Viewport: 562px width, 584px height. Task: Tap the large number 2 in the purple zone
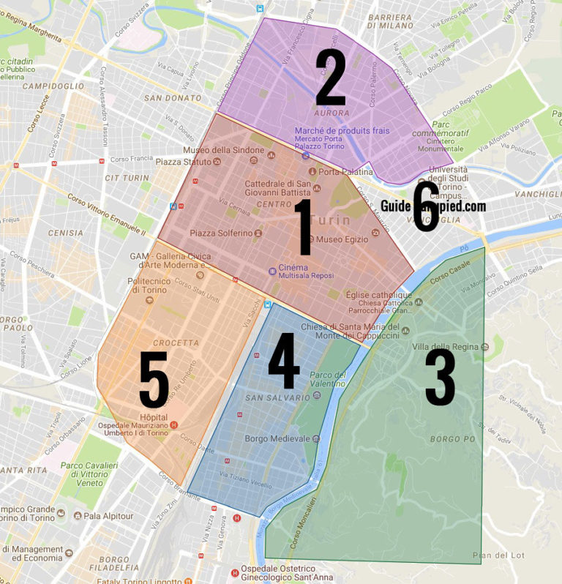pyautogui.click(x=330, y=78)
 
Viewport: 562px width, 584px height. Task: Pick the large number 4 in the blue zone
pyautogui.click(x=284, y=362)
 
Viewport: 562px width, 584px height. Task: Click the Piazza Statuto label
pyautogui.click(x=181, y=161)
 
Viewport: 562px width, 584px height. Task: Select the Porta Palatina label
pyautogui.click(x=346, y=172)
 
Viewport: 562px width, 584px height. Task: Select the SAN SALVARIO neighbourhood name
pyautogui.click(x=278, y=397)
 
